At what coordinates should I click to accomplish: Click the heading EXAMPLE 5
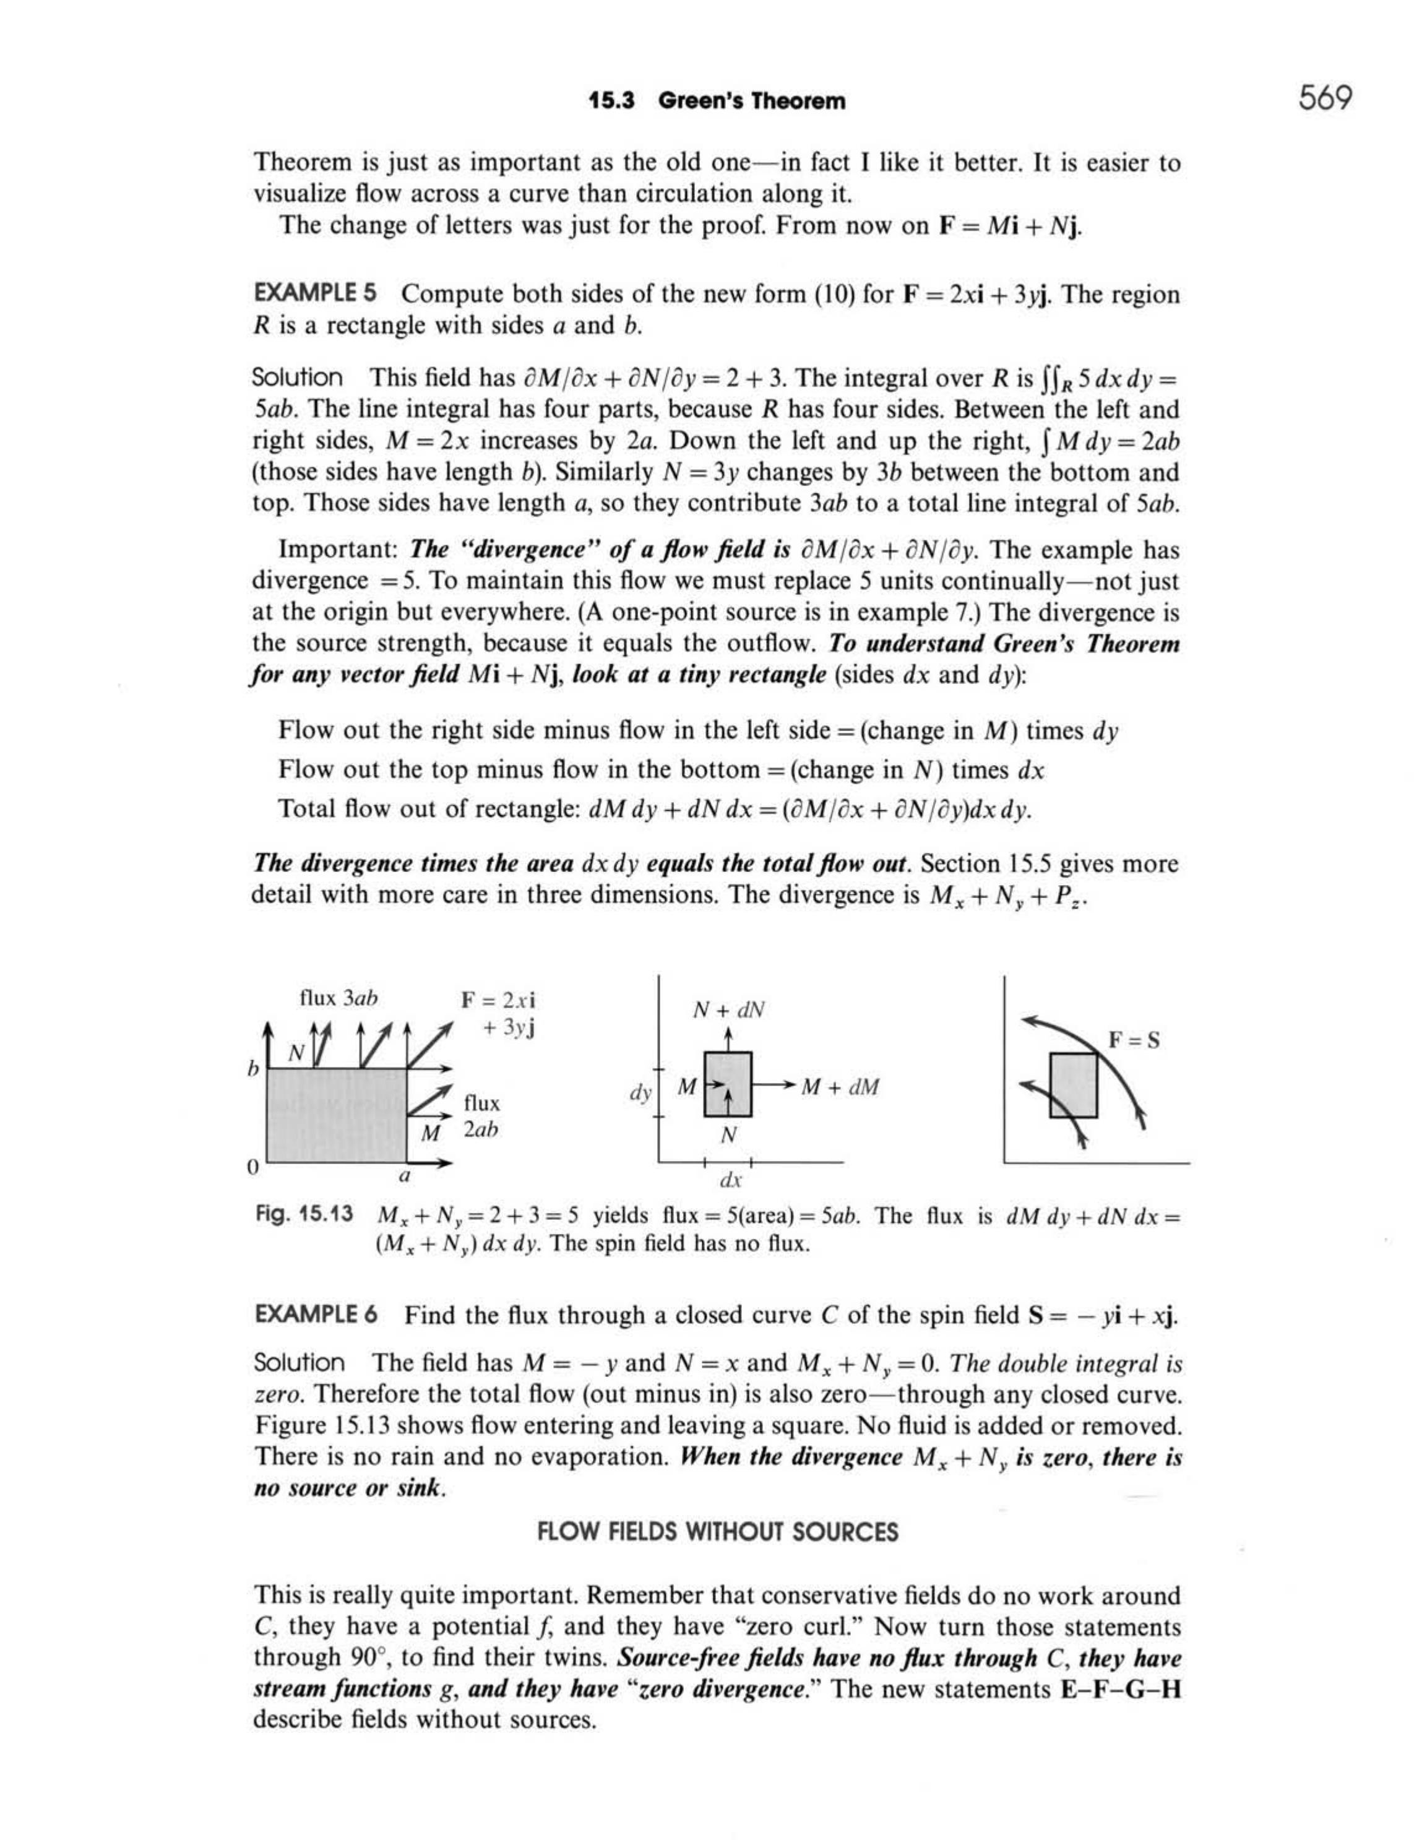pos(315,294)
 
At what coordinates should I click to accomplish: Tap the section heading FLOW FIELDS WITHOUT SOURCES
pos(717,1532)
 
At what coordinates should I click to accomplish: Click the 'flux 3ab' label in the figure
pos(338,998)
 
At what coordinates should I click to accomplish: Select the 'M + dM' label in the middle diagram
pos(839,1087)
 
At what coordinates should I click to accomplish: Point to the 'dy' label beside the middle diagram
pos(640,1094)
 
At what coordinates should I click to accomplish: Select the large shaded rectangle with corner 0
pos(337,1115)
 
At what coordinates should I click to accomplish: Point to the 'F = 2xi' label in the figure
pos(498,1000)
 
